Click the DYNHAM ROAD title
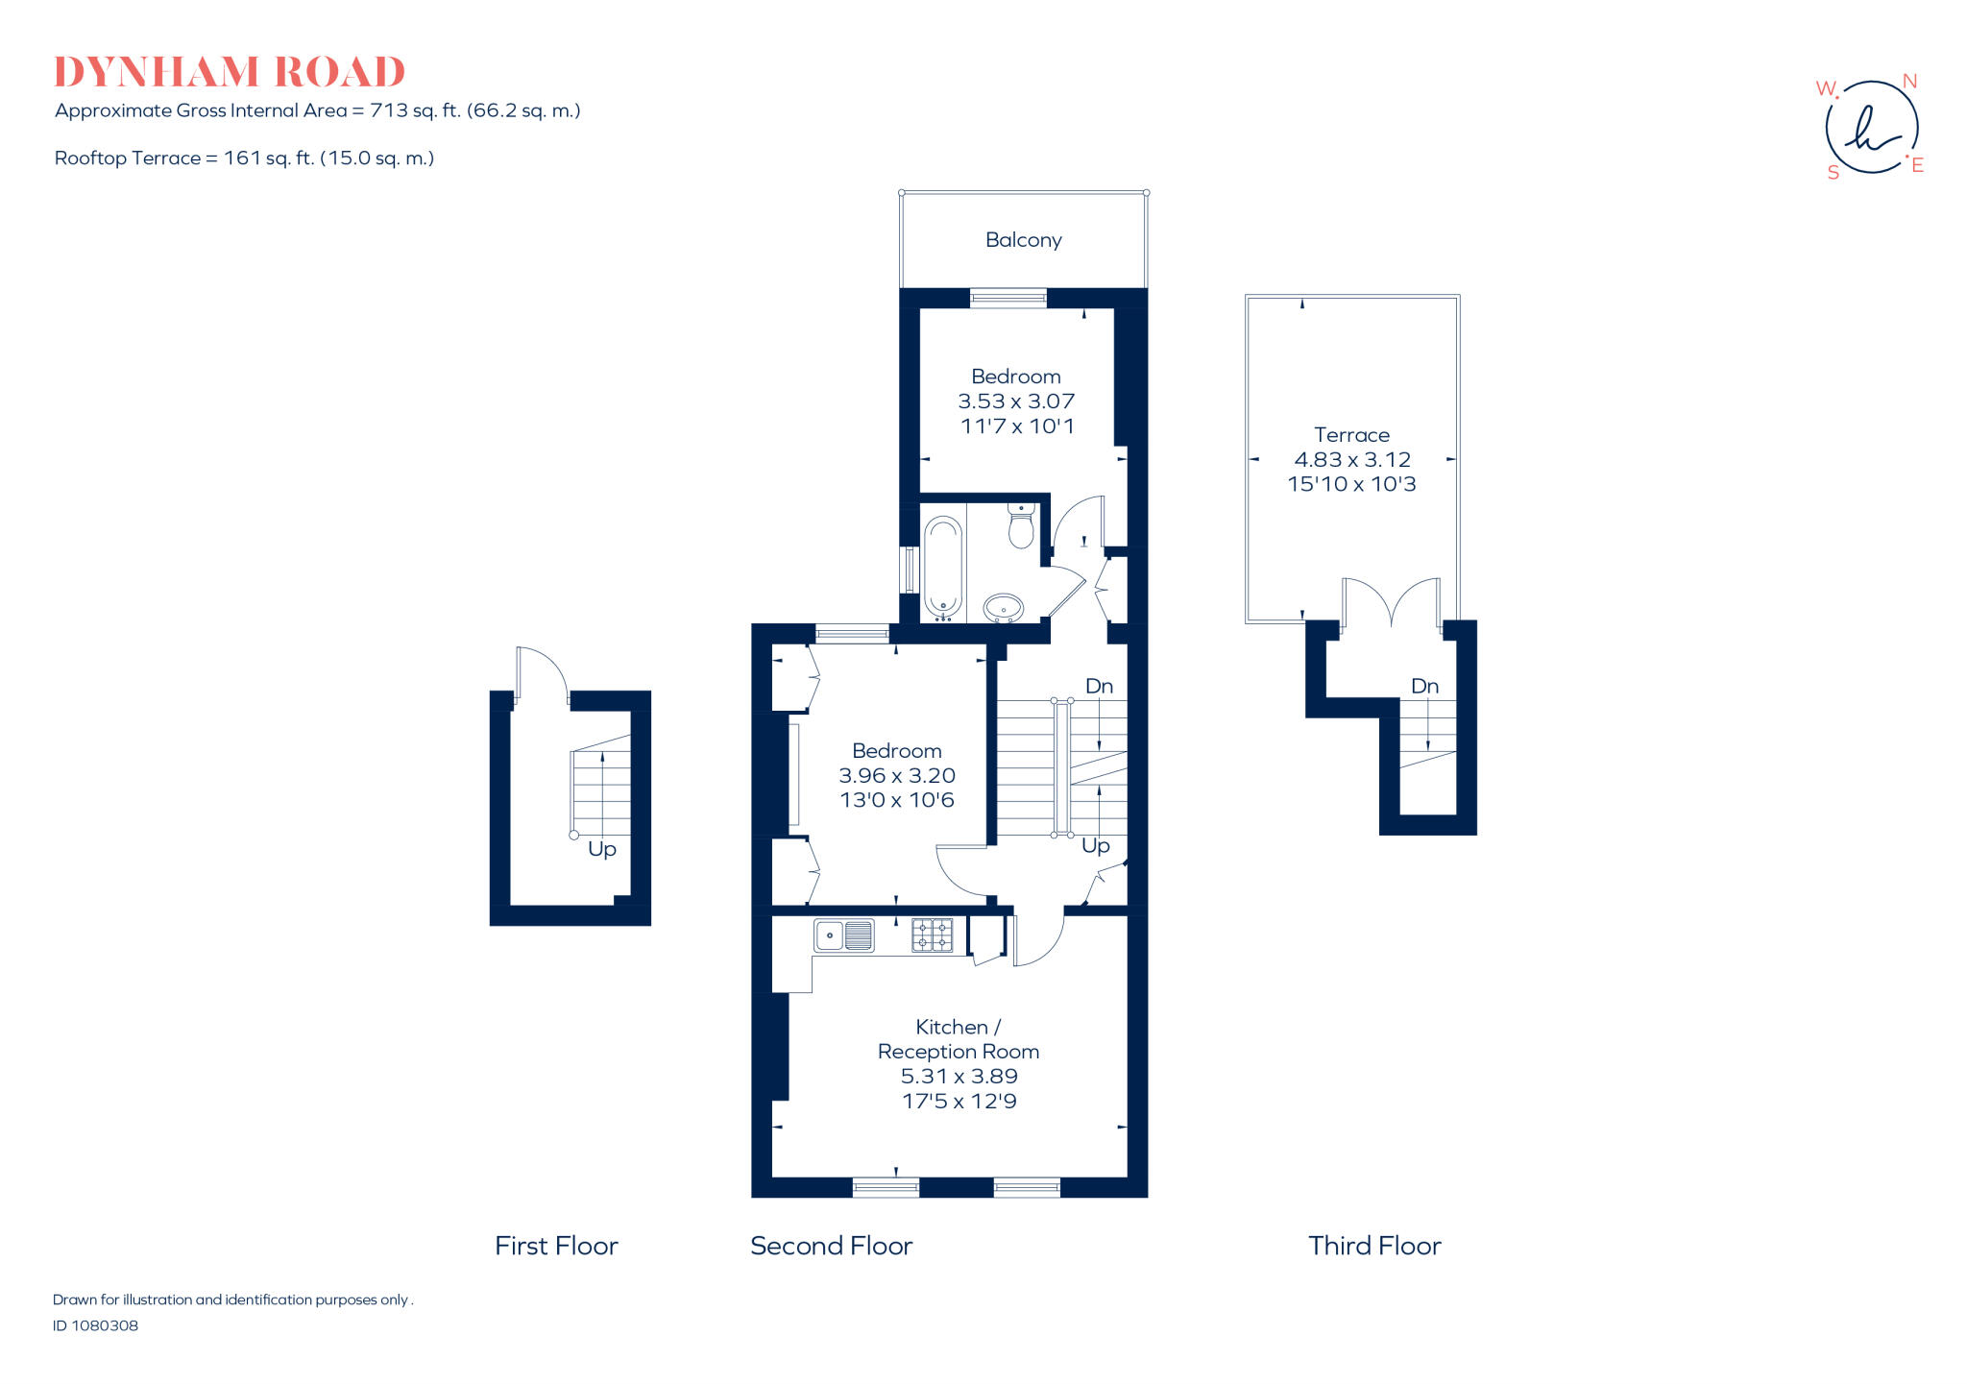click(x=229, y=72)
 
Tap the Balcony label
click(x=1023, y=240)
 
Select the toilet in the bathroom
click(x=1021, y=525)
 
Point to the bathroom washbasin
click(x=1004, y=607)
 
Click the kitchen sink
click(x=844, y=935)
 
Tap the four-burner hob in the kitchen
click(x=932, y=935)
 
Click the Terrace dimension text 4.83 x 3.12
click(x=1351, y=460)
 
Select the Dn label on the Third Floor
click(x=1424, y=686)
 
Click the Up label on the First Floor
click(x=601, y=849)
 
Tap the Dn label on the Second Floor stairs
click(x=1099, y=686)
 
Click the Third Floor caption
click(x=1374, y=1246)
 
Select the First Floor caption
click(x=556, y=1246)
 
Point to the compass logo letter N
click(x=1909, y=82)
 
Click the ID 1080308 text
click(x=95, y=1325)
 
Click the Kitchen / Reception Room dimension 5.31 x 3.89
click(x=959, y=1077)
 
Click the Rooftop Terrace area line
click(x=244, y=158)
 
